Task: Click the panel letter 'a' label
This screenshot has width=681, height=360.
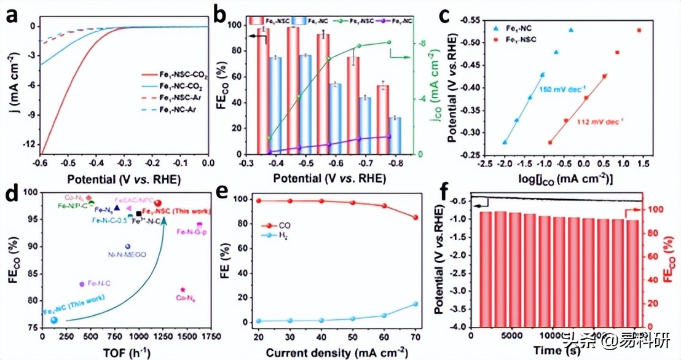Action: click(12, 17)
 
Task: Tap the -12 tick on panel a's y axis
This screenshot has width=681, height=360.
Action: click(31, 144)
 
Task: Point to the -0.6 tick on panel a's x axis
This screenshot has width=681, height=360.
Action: click(41, 163)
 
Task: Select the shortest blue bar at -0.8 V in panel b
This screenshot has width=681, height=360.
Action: click(395, 136)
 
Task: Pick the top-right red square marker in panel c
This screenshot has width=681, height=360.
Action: click(639, 30)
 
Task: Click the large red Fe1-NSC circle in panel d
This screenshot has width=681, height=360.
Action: click(158, 203)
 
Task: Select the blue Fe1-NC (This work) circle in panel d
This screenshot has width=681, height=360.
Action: click(54, 319)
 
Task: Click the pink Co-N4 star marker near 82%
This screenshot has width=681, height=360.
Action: click(183, 289)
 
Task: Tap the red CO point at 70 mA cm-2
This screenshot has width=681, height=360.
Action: click(415, 217)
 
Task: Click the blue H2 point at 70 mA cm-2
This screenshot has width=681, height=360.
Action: click(415, 303)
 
